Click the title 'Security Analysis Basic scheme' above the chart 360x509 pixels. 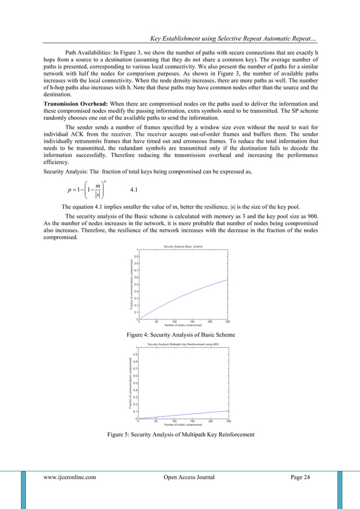tap(182, 247)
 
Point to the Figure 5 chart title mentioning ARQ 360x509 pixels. tap(183, 344)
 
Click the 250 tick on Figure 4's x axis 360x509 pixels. tap(227, 322)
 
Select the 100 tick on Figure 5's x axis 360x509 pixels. tap(174, 421)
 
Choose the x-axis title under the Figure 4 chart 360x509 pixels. tap(183, 326)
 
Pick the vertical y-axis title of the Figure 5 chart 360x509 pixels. tap(130, 383)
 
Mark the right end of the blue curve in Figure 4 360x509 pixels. tap(227, 279)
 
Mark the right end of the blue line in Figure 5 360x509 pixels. tap(228, 411)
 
